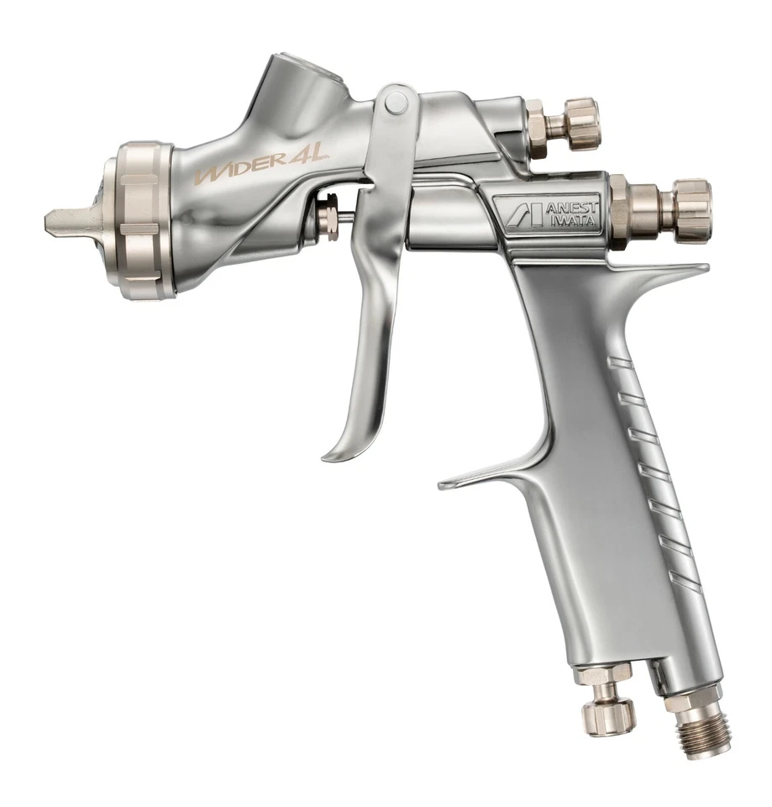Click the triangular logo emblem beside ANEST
pos(514,214)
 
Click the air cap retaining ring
pos(146,221)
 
